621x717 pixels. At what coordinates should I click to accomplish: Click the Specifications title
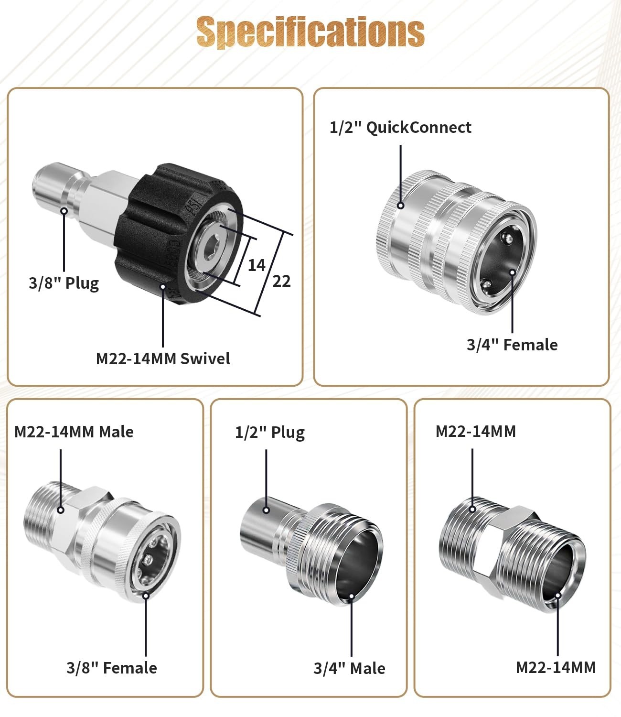[x=310, y=32]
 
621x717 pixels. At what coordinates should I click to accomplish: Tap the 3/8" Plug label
[x=64, y=283]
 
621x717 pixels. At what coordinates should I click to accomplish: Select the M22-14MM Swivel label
[x=163, y=358]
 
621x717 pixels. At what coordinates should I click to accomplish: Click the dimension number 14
[x=257, y=265]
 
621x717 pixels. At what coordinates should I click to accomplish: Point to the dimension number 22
[x=281, y=281]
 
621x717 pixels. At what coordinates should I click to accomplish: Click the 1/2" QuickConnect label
[x=400, y=127]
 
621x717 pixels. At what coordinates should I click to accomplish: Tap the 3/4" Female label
[x=512, y=345]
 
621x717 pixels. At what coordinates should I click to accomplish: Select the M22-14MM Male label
[x=74, y=432]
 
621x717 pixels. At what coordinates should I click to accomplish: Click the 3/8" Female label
[x=112, y=668]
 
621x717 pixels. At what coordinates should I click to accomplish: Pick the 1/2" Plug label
[x=270, y=433]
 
